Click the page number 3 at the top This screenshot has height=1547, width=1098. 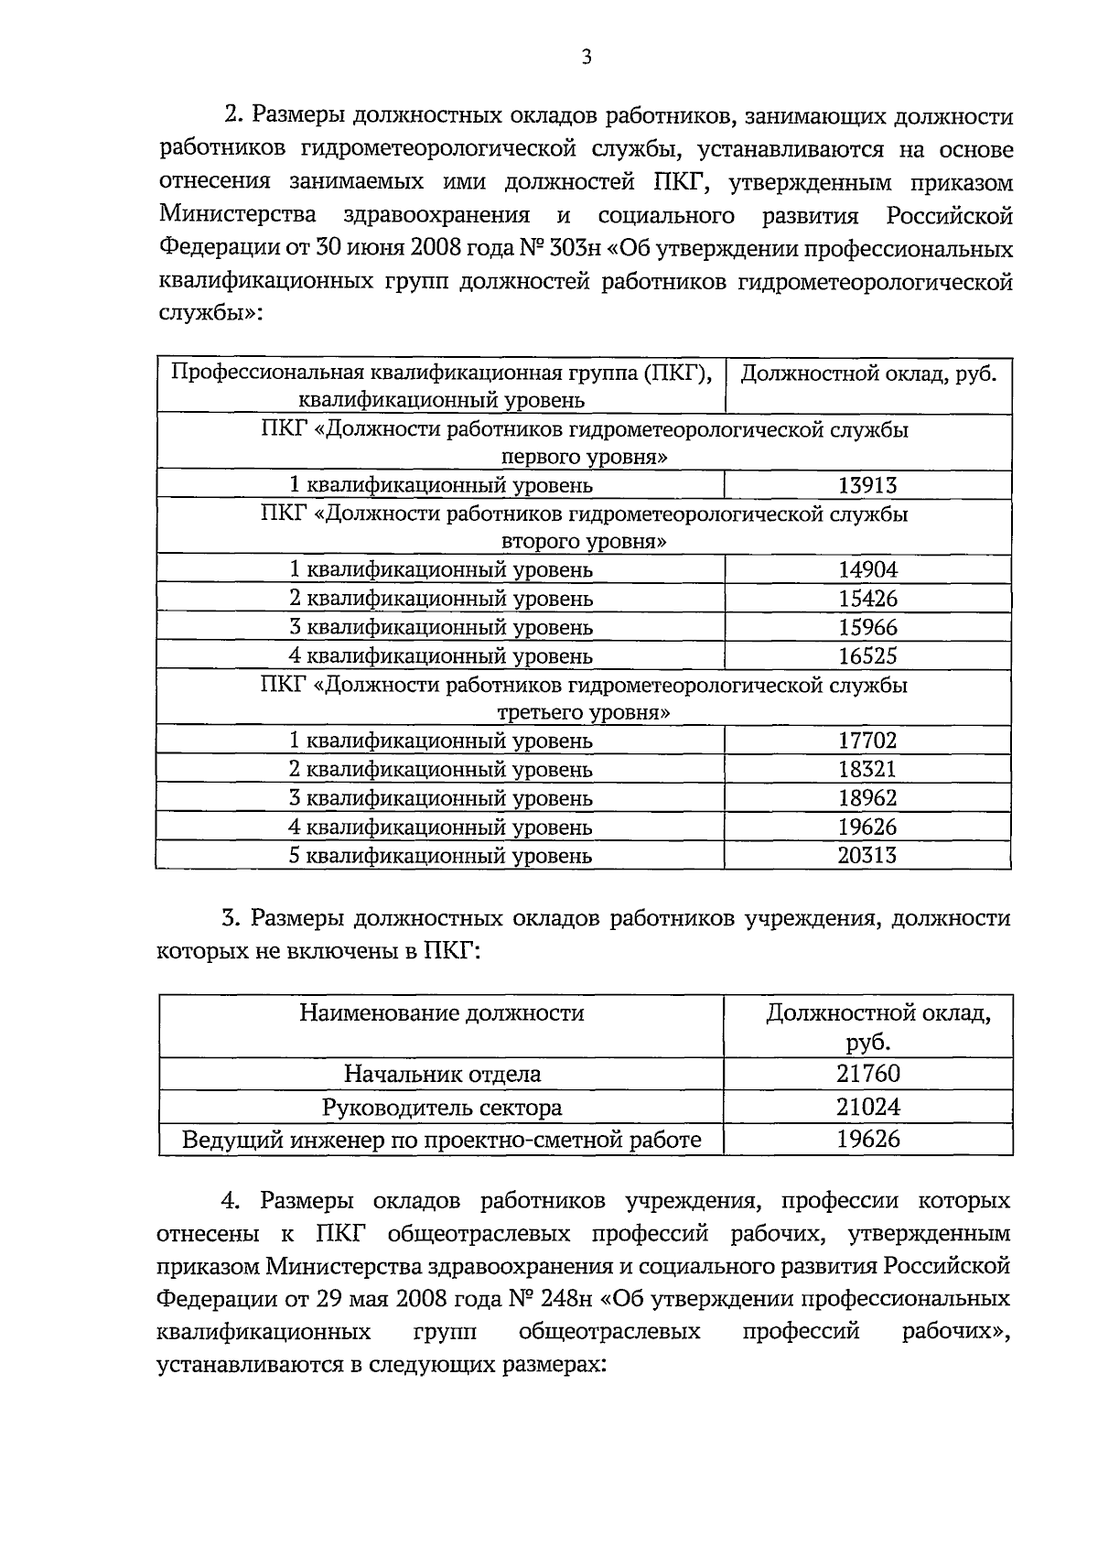[x=587, y=58]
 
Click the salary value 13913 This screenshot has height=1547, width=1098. [x=867, y=486]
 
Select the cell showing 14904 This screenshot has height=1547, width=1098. [x=867, y=570]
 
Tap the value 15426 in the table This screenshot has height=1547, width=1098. [x=867, y=599]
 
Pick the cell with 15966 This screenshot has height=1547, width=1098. [x=867, y=628]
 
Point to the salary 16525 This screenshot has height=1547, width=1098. [x=867, y=656]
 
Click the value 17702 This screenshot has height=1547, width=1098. [x=867, y=741]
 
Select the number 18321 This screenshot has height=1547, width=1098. [x=867, y=770]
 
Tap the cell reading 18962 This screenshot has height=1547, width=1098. [x=867, y=798]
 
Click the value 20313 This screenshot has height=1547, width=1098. [x=867, y=856]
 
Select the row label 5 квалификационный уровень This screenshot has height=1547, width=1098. [x=440, y=856]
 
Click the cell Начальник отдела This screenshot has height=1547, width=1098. [x=442, y=1074]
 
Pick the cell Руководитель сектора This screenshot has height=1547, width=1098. [x=442, y=1108]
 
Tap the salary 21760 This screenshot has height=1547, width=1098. [x=867, y=1074]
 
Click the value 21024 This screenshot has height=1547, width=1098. [x=867, y=1108]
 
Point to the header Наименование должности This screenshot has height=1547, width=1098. [x=442, y=1013]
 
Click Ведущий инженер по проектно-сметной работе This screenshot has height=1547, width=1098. [x=442, y=1140]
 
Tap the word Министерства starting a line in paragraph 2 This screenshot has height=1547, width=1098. [x=238, y=216]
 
